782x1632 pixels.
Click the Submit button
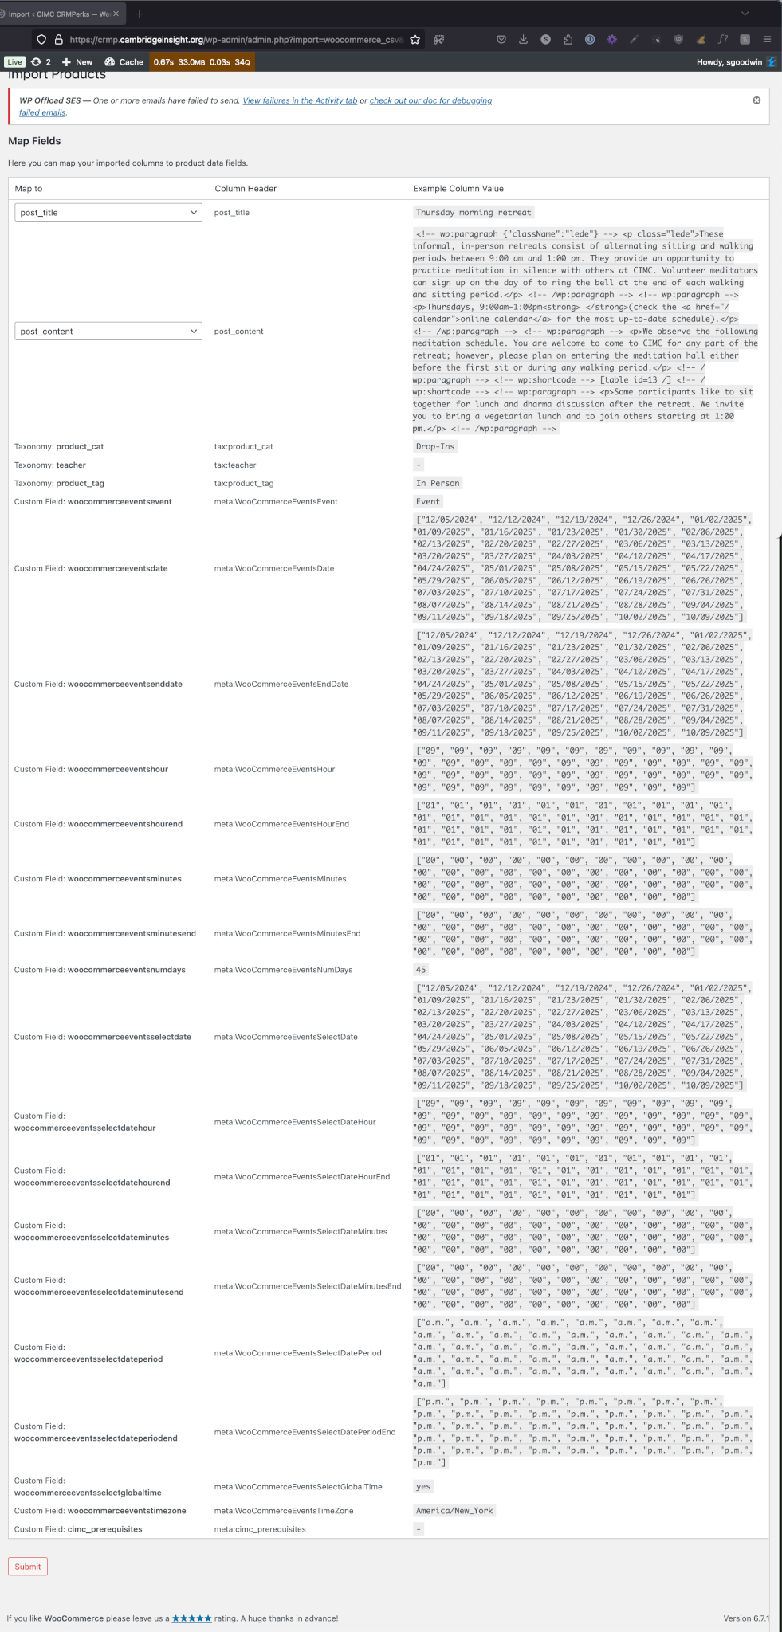click(x=28, y=1566)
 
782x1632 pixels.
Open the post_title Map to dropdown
click(x=108, y=213)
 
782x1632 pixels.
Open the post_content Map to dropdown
click(x=108, y=331)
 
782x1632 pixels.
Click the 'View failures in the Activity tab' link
click(x=300, y=101)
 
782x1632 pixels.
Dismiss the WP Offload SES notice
click(x=756, y=100)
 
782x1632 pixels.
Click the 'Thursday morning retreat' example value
click(x=473, y=213)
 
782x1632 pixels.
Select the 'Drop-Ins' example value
click(x=435, y=447)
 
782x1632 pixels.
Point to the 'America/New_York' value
click(x=454, y=1511)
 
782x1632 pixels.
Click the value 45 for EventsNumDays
click(x=421, y=970)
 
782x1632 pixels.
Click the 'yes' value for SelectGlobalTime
click(x=423, y=1486)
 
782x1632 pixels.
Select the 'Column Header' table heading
click(x=246, y=189)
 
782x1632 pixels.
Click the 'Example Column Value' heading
click(x=458, y=189)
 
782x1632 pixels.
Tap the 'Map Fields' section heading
click(x=34, y=141)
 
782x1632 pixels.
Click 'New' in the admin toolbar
click(x=78, y=62)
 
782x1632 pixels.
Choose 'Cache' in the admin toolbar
click(x=124, y=62)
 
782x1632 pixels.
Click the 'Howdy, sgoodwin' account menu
click(x=729, y=62)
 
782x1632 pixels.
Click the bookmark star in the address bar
click(x=415, y=39)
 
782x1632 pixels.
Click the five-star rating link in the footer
click(x=192, y=1618)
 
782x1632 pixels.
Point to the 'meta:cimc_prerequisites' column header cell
click(x=260, y=1529)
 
